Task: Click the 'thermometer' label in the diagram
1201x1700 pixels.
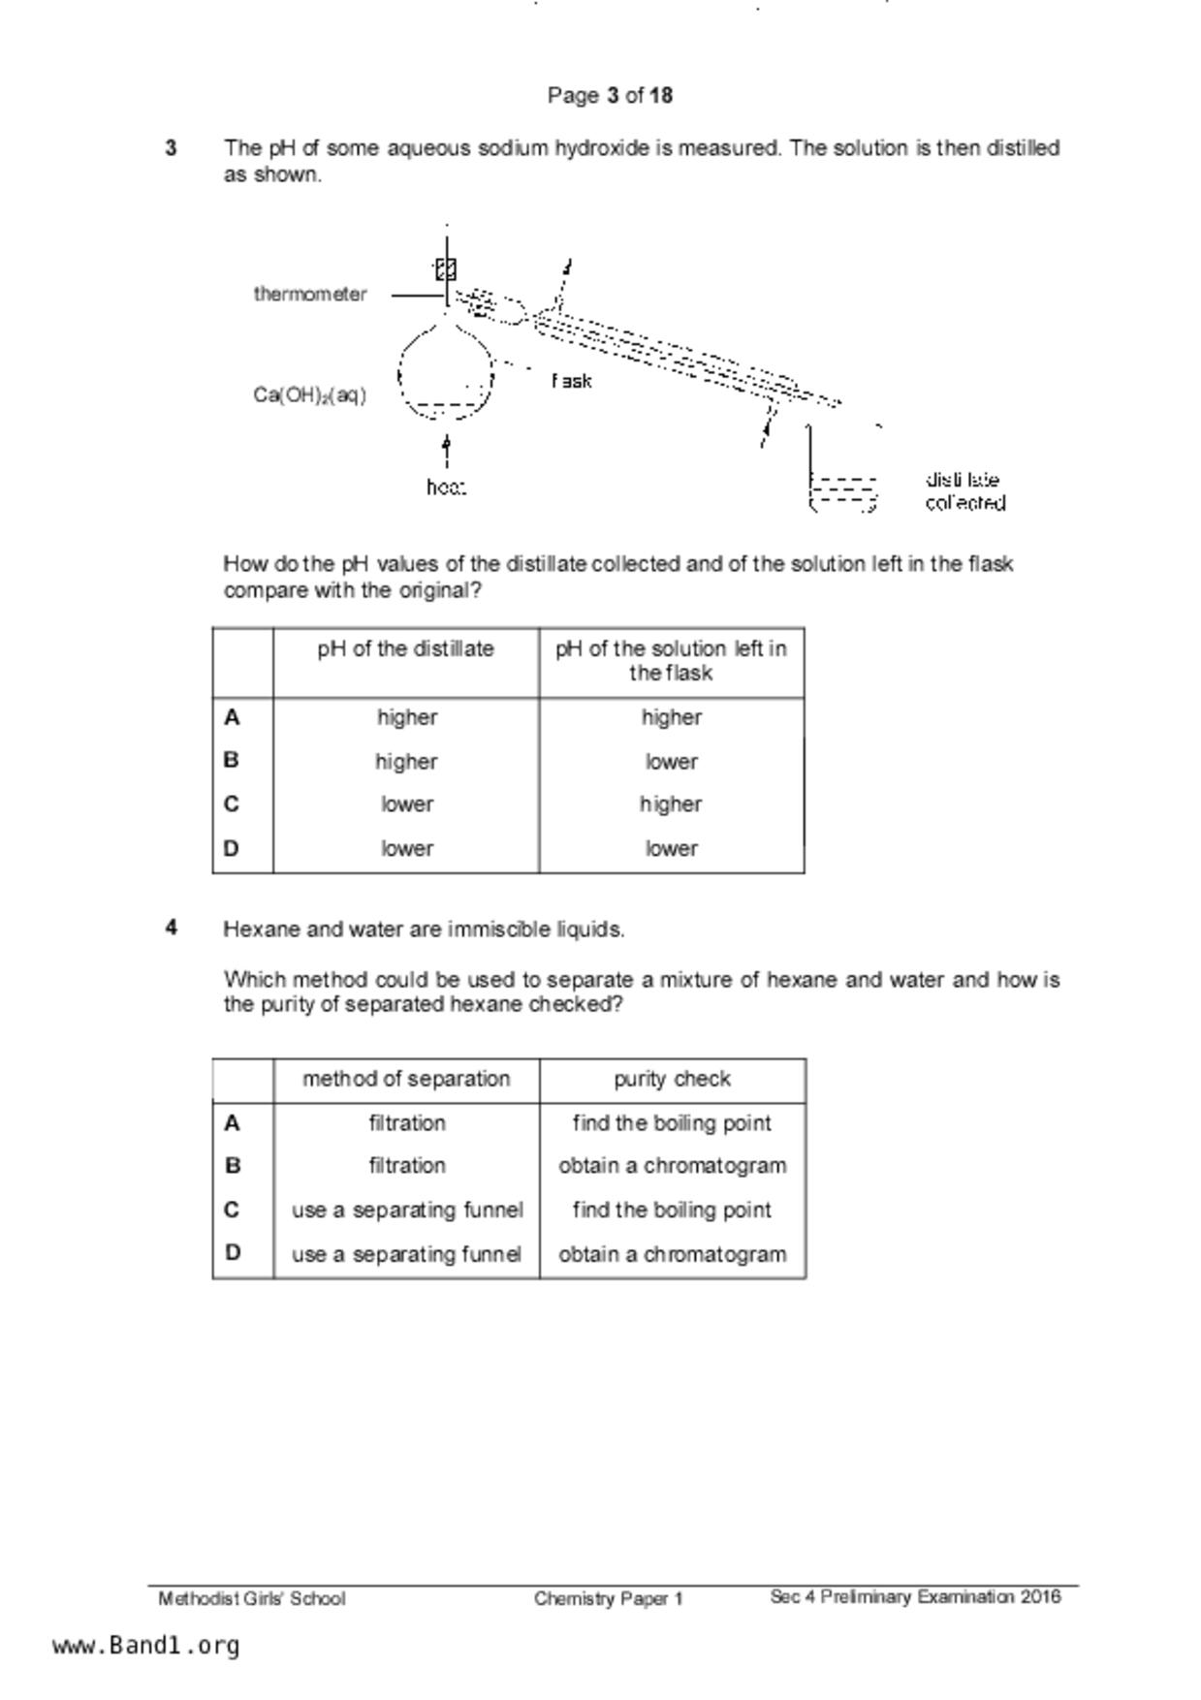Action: pyautogui.click(x=310, y=294)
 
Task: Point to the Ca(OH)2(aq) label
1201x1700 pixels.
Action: pyautogui.click(x=310, y=395)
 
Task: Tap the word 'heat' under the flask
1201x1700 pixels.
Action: pyautogui.click(x=446, y=488)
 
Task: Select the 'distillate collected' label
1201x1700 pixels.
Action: pyautogui.click(x=964, y=491)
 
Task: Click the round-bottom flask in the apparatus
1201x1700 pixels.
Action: pyautogui.click(x=446, y=373)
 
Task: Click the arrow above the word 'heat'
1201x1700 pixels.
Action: pyautogui.click(x=446, y=449)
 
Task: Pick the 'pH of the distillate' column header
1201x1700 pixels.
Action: pyautogui.click(x=405, y=649)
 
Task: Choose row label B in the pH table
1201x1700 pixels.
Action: pyautogui.click(x=232, y=761)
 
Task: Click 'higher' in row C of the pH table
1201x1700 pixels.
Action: pyautogui.click(x=671, y=804)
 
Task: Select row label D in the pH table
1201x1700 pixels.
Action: pyautogui.click(x=232, y=849)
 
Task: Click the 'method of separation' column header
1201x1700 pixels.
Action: pyautogui.click(x=406, y=1080)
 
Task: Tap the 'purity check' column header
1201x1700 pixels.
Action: pyautogui.click(x=672, y=1080)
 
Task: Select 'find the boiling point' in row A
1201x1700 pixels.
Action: pyautogui.click(x=672, y=1123)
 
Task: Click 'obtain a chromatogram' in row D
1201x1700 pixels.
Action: pyautogui.click(x=672, y=1254)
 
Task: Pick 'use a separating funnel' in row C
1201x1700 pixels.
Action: pyautogui.click(x=407, y=1211)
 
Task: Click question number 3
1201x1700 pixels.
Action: pyautogui.click(x=172, y=148)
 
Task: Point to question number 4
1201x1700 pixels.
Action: pyautogui.click(x=172, y=929)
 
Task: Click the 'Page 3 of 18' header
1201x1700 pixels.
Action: pyautogui.click(x=610, y=95)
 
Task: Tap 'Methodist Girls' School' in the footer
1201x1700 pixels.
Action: pyautogui.click(x=252, y=1599)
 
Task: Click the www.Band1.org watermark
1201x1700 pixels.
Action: pyautogui.click(x=145, y=1646)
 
